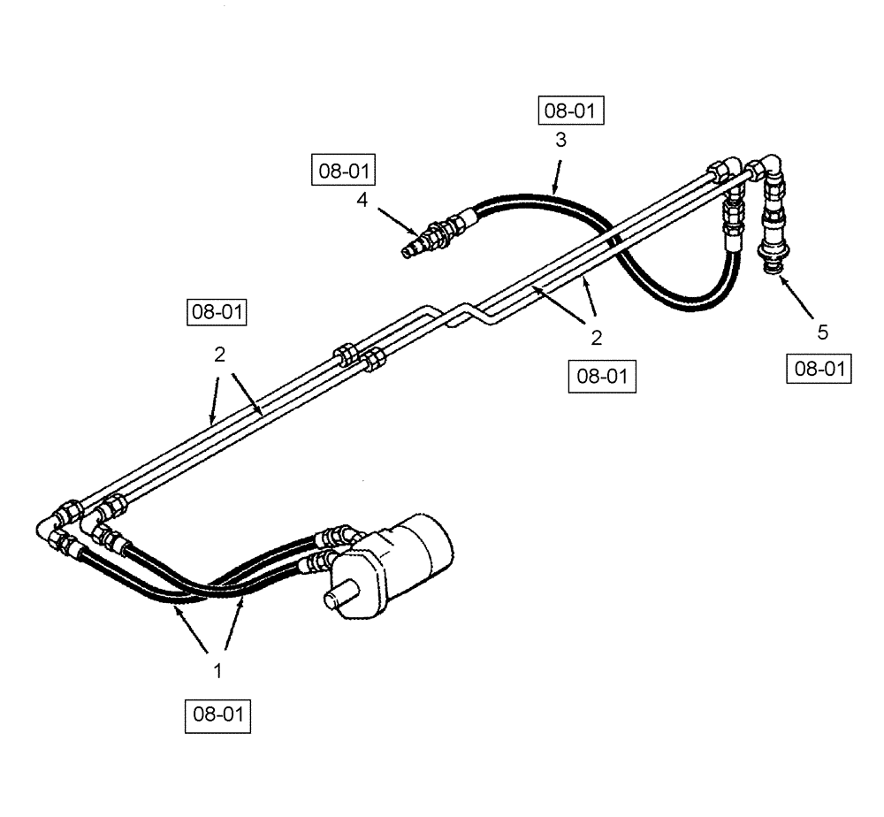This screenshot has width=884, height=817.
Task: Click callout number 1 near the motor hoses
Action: [217, 671]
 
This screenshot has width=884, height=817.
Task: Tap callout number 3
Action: [560, 141]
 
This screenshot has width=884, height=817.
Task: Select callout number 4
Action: [362, 200]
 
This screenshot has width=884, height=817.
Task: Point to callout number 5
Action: [822, 332]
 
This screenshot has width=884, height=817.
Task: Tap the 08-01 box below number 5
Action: [819, 367]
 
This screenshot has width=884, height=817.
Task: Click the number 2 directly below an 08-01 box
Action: [220, 355]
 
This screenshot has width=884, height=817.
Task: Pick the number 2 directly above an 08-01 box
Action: [597, 337]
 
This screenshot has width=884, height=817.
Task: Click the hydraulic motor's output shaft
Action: [339, 597]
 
